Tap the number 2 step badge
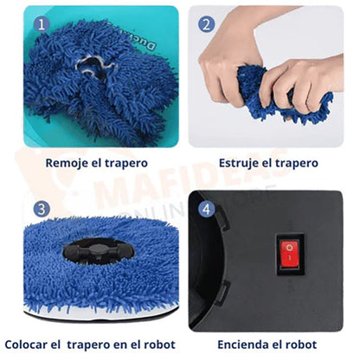207,24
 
